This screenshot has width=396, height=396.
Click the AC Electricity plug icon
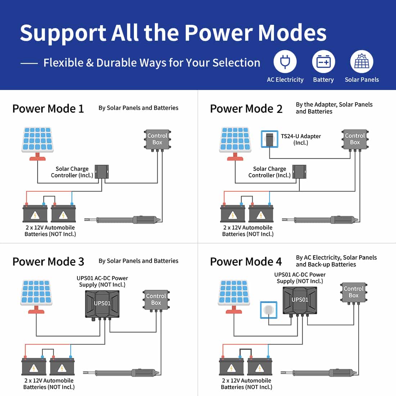[x=285, y=62]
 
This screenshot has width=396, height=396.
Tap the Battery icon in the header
[x=323, y=62]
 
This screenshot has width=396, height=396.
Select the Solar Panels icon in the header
[x=361, y=62]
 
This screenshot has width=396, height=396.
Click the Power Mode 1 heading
[x=48, y=109]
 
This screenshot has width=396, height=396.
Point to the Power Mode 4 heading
[x=246, y=262]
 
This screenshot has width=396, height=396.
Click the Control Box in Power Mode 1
[x=157, y=139]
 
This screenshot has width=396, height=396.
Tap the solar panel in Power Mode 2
[x=235, y=140]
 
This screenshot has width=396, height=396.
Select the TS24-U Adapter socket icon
[x=269, y=139]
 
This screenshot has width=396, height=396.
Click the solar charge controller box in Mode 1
[x=102, y=171]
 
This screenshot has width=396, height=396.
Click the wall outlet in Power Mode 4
[x=269, y=310]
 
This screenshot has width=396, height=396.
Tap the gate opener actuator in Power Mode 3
[x=122, y=373]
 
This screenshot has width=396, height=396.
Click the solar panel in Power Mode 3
[x=36, y=293]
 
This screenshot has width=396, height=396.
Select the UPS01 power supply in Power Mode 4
[x=300, y=300]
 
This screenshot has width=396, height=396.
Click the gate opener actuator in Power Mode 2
[x=320, y=219]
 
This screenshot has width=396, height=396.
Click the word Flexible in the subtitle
[x=63, y=63]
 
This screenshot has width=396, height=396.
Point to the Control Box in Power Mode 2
[x=355, y=139]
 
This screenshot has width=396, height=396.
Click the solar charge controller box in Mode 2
[x=299, y=171]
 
